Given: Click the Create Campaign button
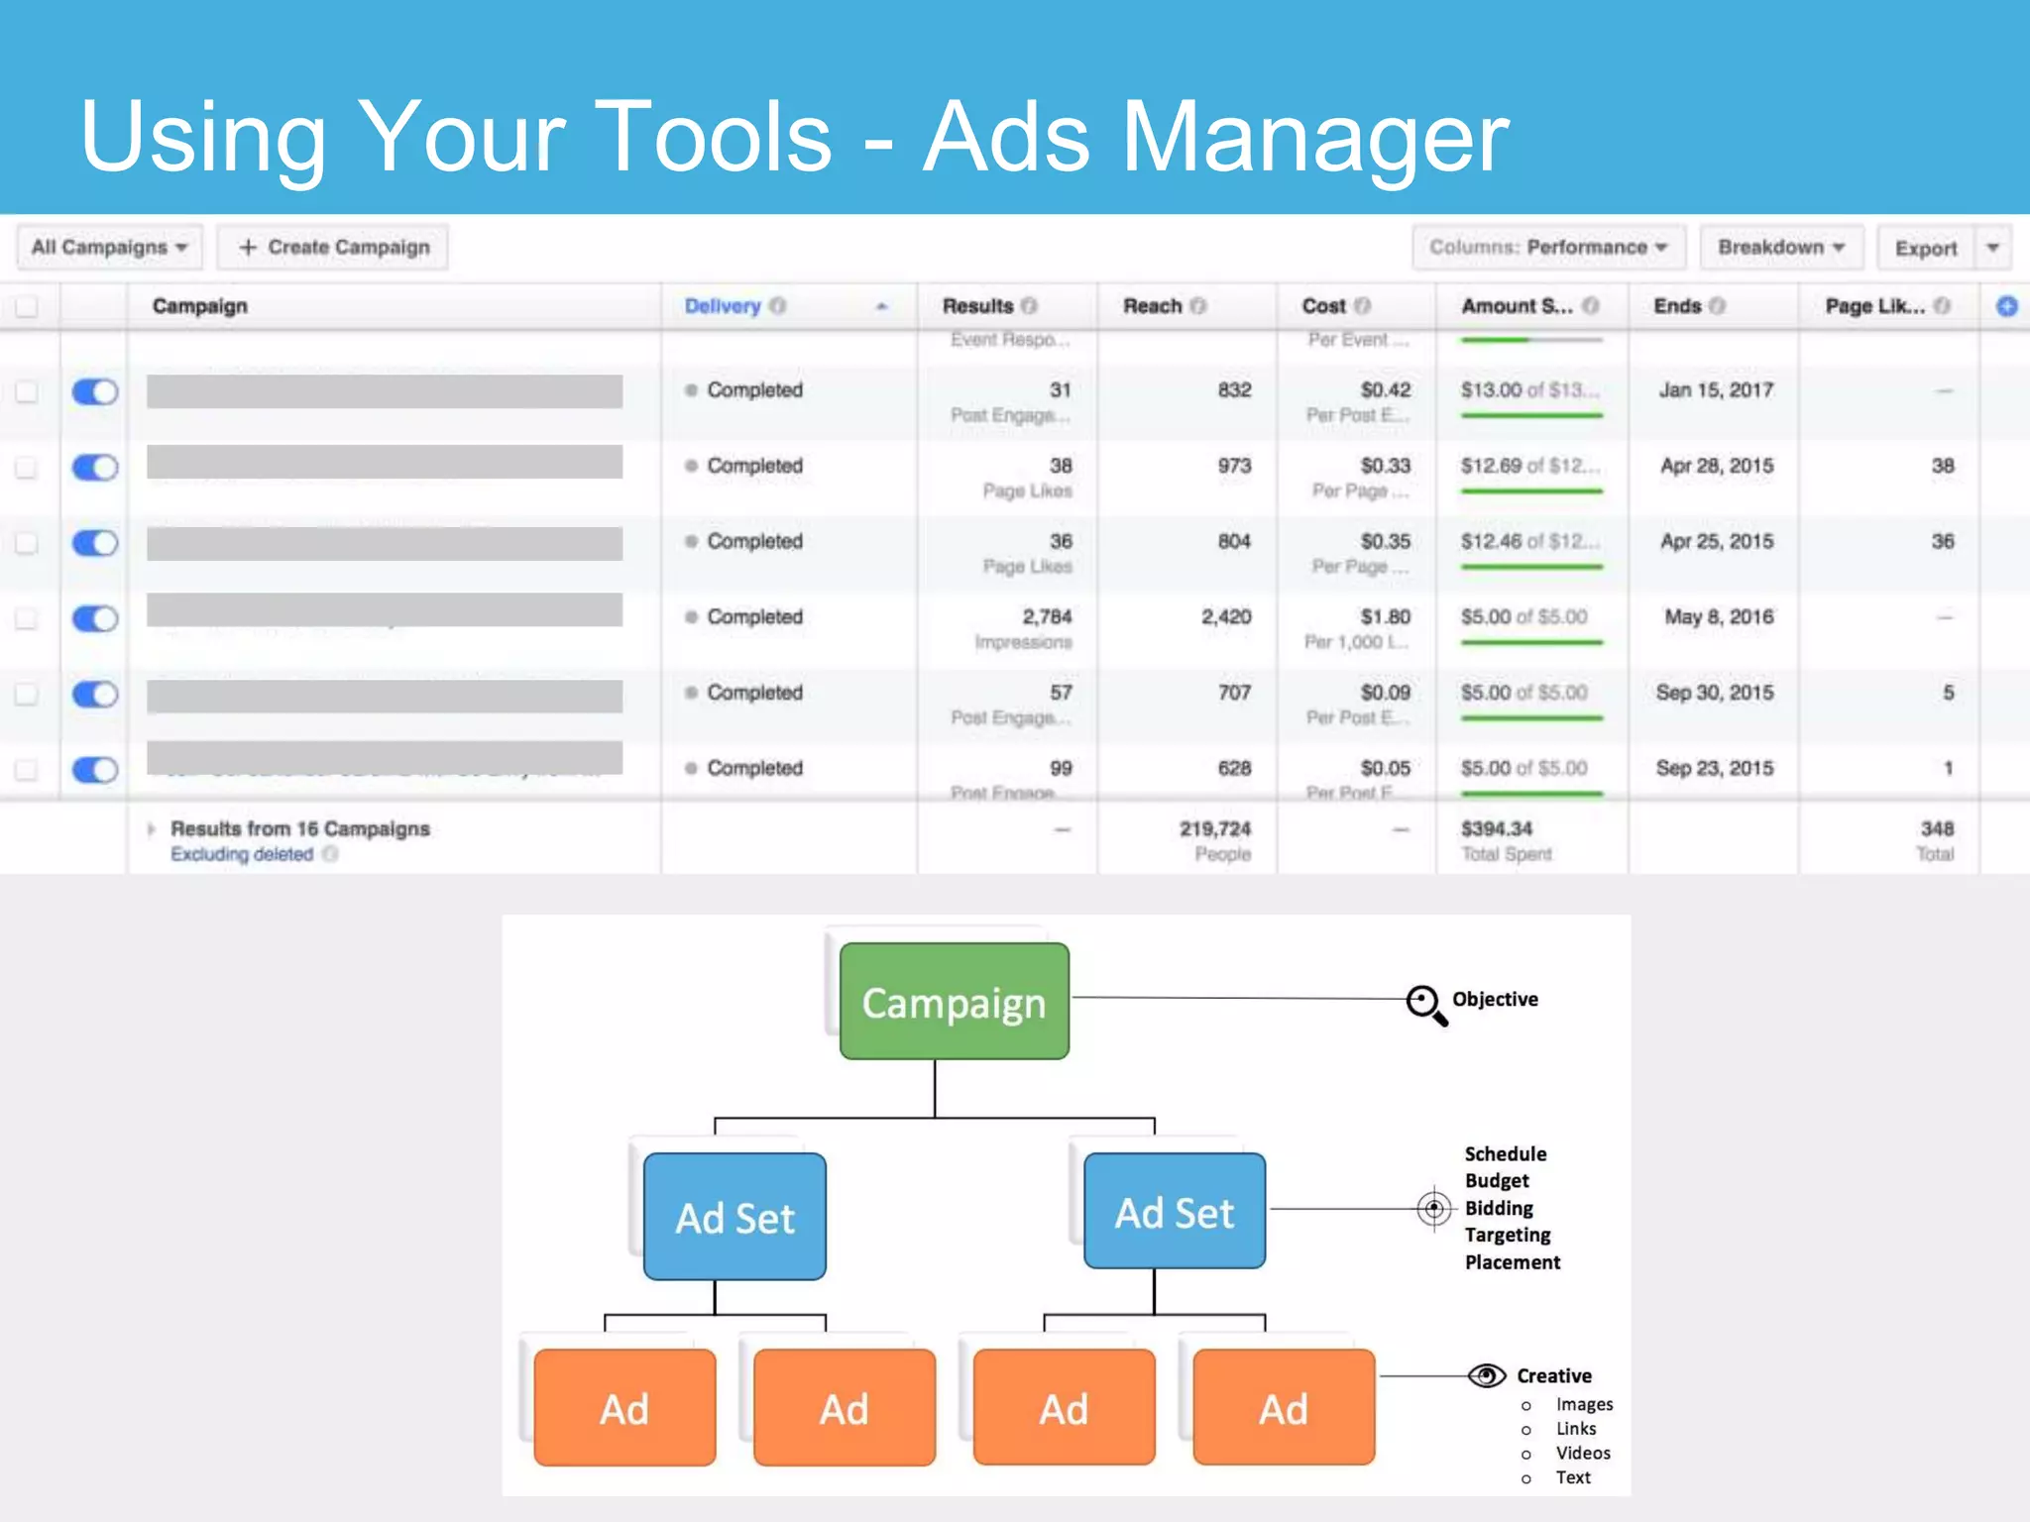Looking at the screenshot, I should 333,248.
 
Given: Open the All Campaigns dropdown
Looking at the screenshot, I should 109,248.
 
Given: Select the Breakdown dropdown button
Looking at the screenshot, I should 1781,248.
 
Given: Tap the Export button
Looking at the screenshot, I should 1925,249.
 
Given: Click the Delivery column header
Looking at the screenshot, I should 723,306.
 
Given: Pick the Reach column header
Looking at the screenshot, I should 1153,306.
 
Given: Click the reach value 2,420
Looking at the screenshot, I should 1226,617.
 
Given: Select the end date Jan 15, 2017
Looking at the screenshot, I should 1716,390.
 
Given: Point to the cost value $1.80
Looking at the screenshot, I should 1385,617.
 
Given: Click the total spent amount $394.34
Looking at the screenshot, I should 1497,828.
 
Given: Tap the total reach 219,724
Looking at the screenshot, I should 1215,828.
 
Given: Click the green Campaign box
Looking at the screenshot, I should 954,1002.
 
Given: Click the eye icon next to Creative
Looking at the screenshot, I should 1486,1375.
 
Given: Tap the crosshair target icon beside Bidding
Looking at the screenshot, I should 1433,1209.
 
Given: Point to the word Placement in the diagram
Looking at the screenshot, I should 1513,1262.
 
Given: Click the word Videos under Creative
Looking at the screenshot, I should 1583,1453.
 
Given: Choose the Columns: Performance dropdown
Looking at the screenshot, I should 1548,248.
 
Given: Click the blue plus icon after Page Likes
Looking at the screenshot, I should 2006,306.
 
